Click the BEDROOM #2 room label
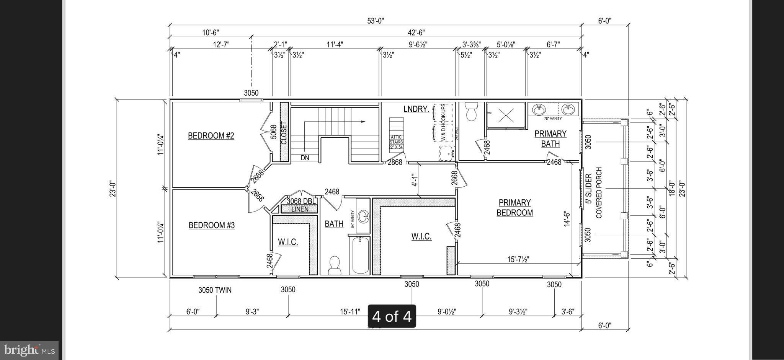[211, 136]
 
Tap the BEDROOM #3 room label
[212, 225]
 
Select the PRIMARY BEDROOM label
[514, 208]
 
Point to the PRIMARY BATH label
[550, 138]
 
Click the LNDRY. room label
[416, 109]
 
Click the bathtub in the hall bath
[360, 255]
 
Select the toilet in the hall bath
[335, 265]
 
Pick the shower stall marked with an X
[505, 114]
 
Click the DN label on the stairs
[305, 158]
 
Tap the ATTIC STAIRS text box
[396, 142]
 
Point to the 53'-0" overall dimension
[375, 21]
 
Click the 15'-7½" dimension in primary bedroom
[518, 259]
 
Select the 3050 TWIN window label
[215, 290]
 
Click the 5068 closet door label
[273, 132]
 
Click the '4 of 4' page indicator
[392, 316]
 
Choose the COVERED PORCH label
[599, 192]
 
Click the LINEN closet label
[300, 209]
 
